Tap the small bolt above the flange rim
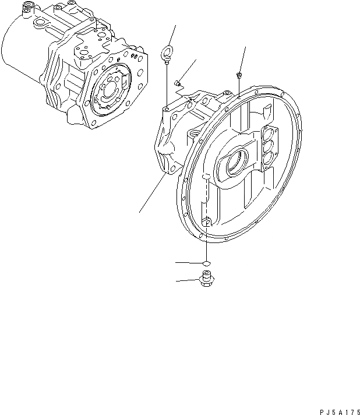[239, 75]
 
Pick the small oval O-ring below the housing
[206, 263]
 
